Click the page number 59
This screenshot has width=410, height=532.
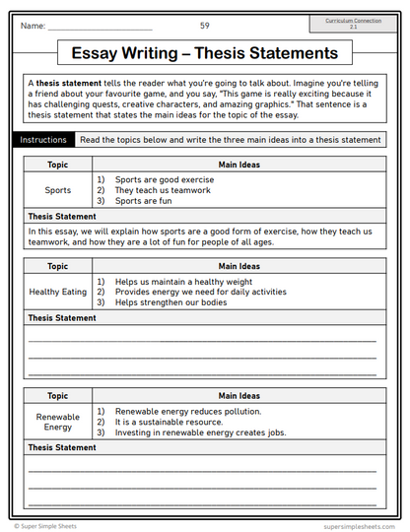204,25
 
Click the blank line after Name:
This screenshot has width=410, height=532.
99,26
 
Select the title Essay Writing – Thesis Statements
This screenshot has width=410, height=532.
205,53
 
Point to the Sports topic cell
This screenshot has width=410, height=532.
58,190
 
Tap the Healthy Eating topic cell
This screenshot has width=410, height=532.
58,293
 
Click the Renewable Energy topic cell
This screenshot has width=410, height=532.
58,422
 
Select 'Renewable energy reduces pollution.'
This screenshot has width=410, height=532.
187,411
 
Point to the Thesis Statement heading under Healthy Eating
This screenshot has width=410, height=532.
62,318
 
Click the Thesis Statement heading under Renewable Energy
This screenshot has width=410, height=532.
62,447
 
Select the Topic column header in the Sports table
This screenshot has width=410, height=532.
58,165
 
